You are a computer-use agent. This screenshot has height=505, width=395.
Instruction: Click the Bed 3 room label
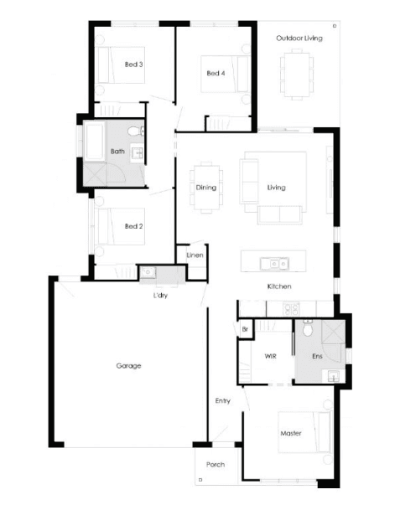coord(134,64)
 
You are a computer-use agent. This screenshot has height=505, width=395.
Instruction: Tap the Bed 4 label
coord(216,74)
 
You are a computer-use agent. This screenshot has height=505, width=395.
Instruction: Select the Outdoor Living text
coord(299,39)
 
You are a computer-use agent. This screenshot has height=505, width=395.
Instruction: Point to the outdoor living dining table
coord(297,75)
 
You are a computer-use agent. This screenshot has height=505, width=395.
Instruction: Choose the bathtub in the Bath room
coord(94,142)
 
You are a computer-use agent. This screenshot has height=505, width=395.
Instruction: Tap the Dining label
coord(206,188)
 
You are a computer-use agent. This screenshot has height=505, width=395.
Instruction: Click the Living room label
coord(277,188)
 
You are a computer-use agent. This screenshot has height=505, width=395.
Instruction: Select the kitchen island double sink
coord(274,264)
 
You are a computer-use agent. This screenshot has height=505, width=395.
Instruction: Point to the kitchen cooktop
coord(291,309)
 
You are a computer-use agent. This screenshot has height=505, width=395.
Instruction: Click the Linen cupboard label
coord(195,255)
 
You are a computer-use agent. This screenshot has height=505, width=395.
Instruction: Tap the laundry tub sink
coord(148,272)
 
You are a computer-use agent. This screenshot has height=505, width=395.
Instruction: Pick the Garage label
coord(128,366)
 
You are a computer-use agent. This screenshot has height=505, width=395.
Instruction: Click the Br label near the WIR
coord(245,329)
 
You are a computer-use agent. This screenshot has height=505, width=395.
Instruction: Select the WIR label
coord(270,356)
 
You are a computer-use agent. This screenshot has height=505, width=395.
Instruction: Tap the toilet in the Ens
coord(307,328)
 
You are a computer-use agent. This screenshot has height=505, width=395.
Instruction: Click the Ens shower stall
coord(333,333)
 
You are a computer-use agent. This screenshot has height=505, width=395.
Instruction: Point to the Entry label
coord(223,401)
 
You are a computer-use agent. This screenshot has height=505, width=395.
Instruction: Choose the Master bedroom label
coord(291,434)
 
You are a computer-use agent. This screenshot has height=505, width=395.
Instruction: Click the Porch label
coord(216,465)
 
